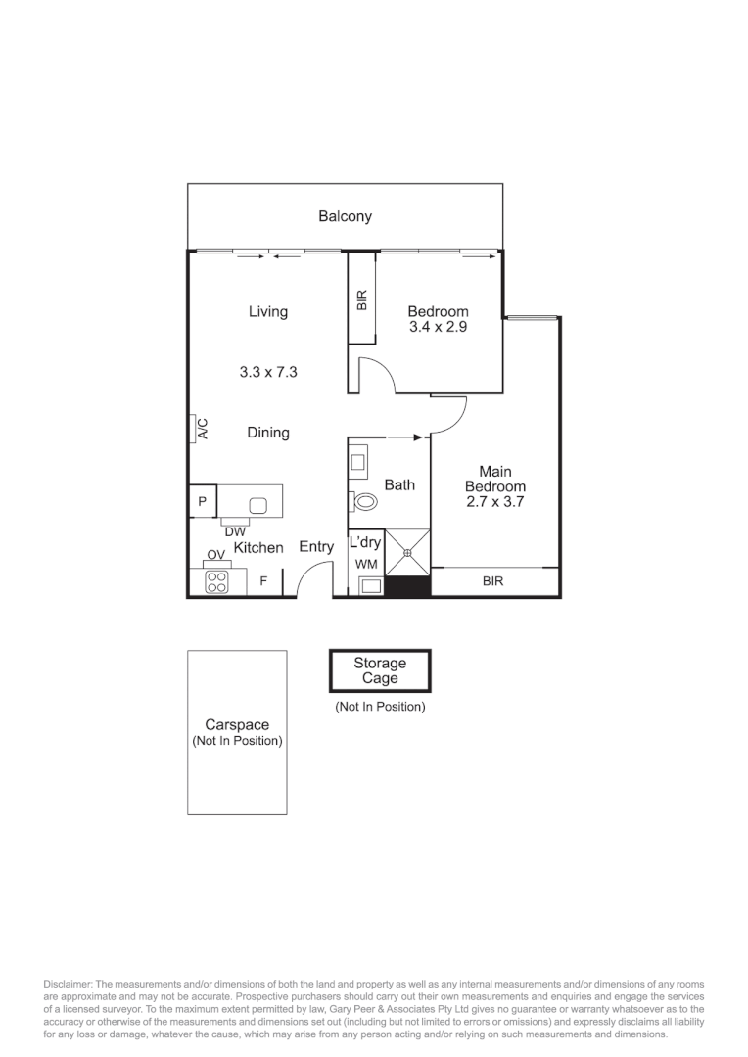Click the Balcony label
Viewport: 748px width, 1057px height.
point(345,216)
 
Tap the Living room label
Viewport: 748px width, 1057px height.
point(267,311)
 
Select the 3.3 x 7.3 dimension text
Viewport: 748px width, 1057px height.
point(267,372)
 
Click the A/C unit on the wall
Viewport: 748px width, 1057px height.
point(196,428)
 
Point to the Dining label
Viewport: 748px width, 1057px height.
point(267,432)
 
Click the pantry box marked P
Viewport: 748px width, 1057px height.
point(202,501)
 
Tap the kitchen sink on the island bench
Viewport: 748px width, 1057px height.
point(258,505)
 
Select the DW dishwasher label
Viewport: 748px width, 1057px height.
point(235,531)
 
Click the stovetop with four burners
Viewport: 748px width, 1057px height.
point(216,582)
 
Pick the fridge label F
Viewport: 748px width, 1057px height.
point(262,581)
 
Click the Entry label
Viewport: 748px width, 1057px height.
point(316,547)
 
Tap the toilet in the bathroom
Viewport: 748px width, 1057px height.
point(365,502)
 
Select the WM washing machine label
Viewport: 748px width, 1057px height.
point(365,565)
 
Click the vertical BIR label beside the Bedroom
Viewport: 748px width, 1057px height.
point(362,299)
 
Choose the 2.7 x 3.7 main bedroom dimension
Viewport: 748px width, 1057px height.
point(494,502)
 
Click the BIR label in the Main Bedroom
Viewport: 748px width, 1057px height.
point(492,581)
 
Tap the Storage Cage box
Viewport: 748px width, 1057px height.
point(380,670)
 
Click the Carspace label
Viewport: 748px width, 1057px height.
point(237,725)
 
